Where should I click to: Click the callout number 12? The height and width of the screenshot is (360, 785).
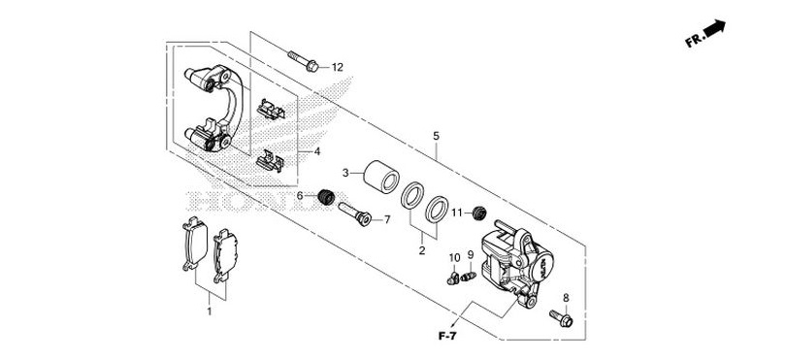(x=338, y=67)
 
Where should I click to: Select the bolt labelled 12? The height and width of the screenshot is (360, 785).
(x=302, y=60)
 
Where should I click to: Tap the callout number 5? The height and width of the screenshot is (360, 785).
(x=436, y=135)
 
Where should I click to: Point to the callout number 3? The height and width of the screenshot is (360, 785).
(x=344, y=172)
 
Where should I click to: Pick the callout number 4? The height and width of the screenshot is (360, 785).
(x=315, y=152)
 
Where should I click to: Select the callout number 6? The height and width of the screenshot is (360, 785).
(x=300, y=197)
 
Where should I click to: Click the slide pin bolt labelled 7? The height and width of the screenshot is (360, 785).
(x=352, y=213)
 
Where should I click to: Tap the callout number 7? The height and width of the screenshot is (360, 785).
(x=386, y=220)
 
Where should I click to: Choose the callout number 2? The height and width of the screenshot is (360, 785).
(x=421, y=250)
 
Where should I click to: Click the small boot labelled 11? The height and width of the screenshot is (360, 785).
(x=477, y=213)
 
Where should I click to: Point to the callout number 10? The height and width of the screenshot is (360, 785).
(x=453, y=257)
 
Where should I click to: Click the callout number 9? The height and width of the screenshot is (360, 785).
(x=471, y=255)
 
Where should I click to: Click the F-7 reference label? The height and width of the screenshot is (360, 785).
(x=446, y=336)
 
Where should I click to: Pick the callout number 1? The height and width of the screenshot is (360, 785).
(x=208, y=311)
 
